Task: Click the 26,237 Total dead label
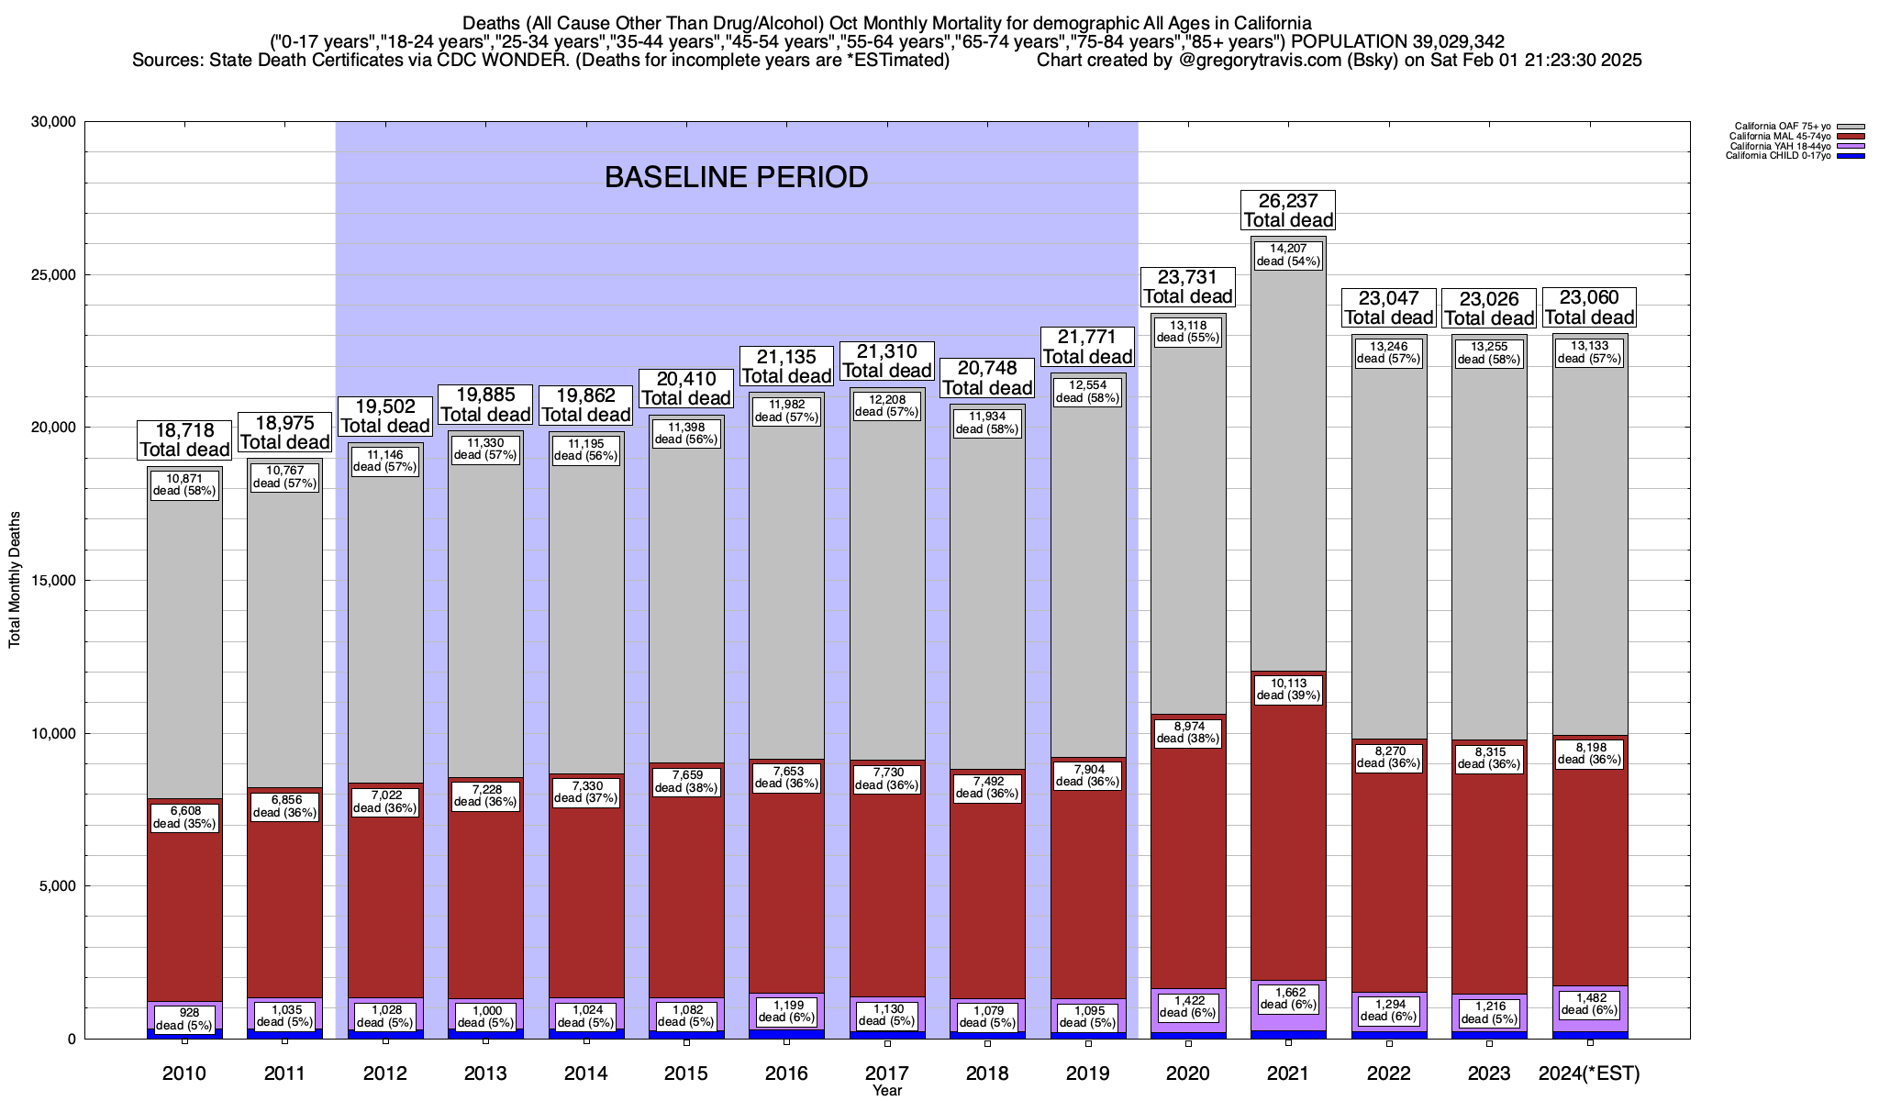(x=1288, y=210)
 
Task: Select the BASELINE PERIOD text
(x=736, y=177)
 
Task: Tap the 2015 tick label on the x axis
(x=686, y=1073)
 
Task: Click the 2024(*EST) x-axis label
(x=1589, y=1073)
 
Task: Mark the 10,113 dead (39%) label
(x=1288, y=689)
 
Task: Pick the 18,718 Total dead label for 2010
(x=184, y=439)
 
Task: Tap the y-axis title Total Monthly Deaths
(x=15, y=581)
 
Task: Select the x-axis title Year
(x=887, y=1091)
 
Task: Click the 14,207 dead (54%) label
(x=1288, y=254)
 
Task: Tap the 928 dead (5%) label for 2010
(x=184, y=1018)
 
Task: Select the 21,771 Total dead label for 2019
(x=1087, y=347)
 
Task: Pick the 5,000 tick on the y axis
(x=57, y=886)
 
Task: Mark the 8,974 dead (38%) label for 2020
(x=1188, y=732)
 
